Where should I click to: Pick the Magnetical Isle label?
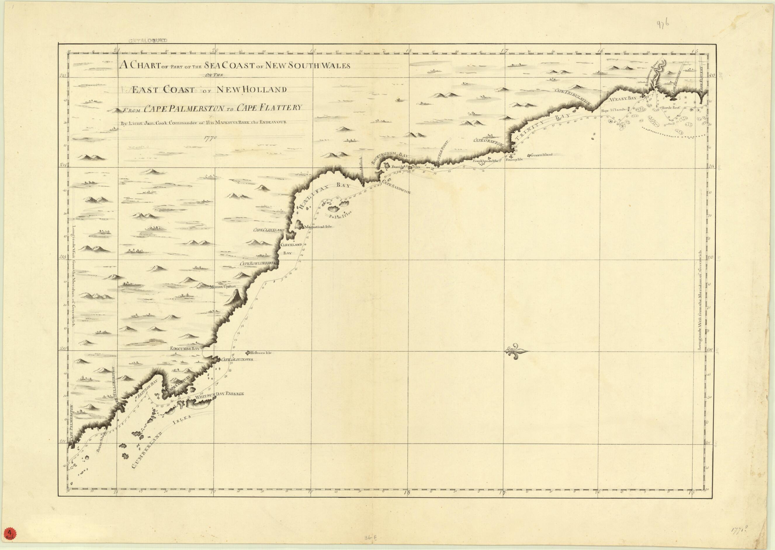tap(318, 227)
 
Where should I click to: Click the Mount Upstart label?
tap(222, 286)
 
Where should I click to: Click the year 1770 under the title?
tap(210, 138)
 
